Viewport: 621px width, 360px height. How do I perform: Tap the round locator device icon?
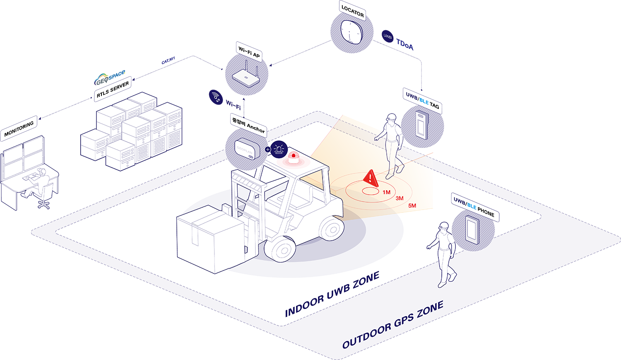[351, 32]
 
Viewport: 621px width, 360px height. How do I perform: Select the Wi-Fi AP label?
[249, 52]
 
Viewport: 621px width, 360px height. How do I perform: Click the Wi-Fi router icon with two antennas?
[246, 76]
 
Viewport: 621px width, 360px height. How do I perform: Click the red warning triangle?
[370, 179]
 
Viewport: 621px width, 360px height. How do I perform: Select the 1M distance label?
[386, 192]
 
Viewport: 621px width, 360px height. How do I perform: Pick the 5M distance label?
[412, 205]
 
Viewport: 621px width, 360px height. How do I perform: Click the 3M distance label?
[399, 198]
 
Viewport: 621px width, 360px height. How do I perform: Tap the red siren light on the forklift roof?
[294, 158]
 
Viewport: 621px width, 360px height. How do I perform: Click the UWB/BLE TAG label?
[422, 101]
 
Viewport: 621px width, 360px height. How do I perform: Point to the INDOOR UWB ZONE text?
[332, 294]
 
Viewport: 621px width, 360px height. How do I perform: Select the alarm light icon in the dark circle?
[279, 149]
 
